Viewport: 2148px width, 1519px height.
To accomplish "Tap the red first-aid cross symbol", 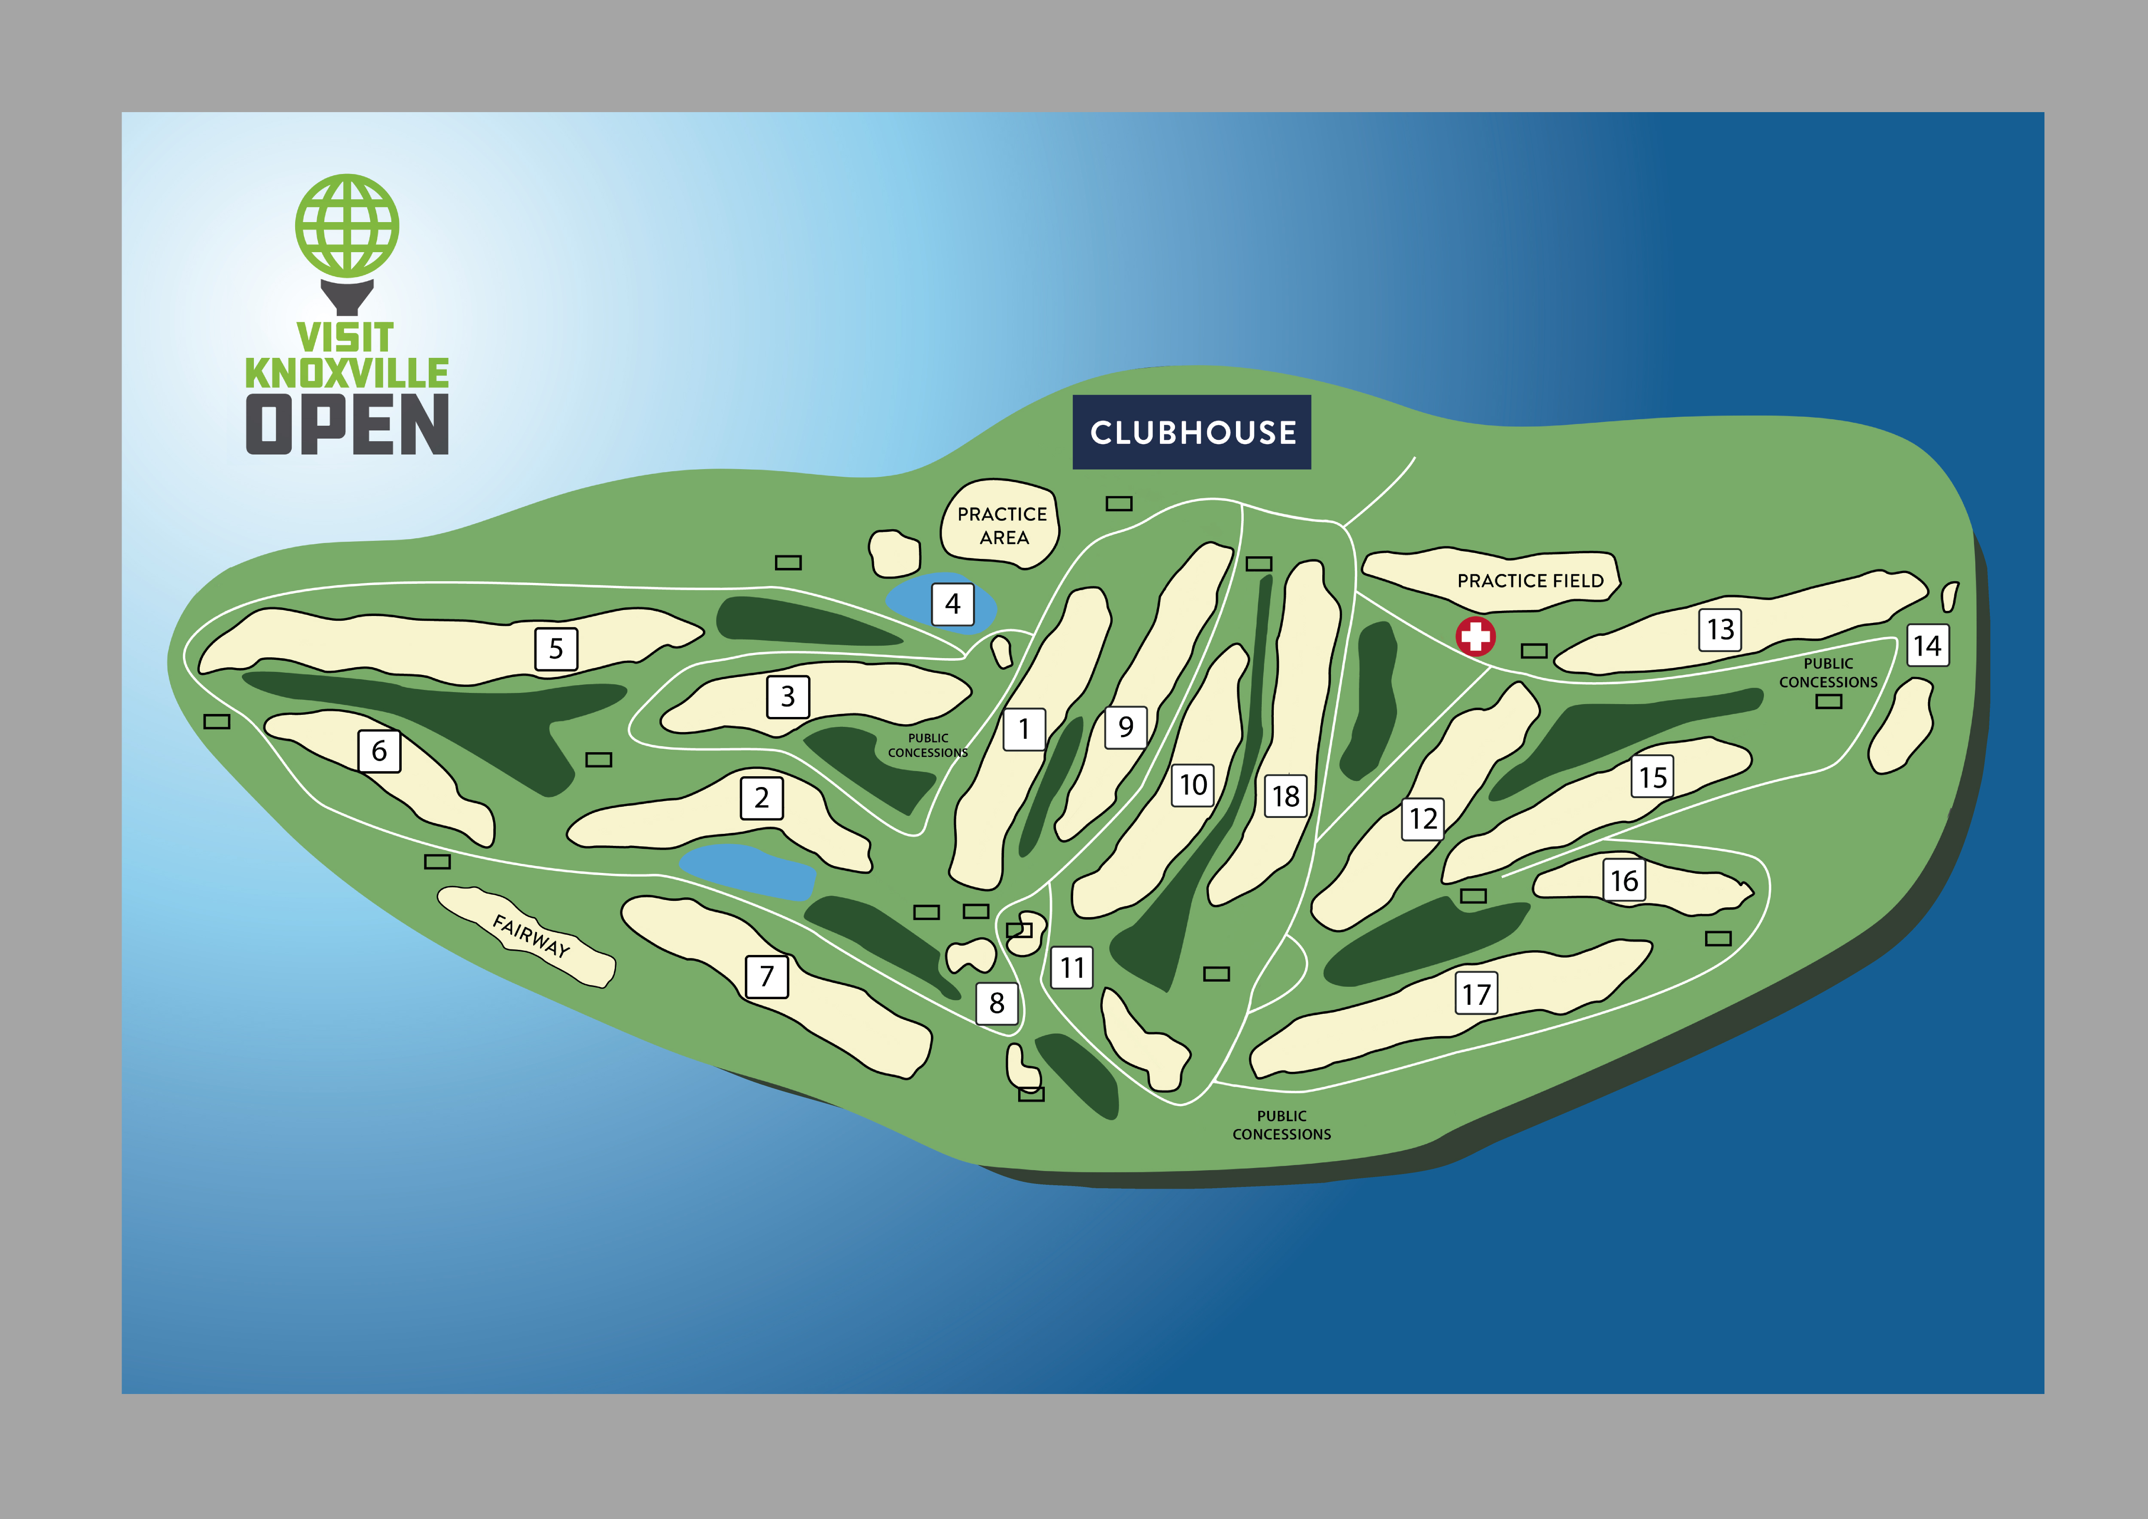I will pyautogui.click(x=1475, y=637).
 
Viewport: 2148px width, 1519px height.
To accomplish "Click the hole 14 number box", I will pyautogui.click(x=1928, y=645).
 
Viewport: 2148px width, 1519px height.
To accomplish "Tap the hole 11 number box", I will pyautogui.click(x=1072, y=967).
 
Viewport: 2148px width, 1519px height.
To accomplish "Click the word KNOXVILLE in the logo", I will pyautogui.click(x=347, y=373).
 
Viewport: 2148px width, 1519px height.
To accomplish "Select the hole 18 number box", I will pyautogui.click(x=1285, y=796).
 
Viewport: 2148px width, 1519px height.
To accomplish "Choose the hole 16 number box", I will pyautogui.click(x=1624, y=880).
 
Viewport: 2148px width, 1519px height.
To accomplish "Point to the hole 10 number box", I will pyautogui.click(x=1193, y=785).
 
